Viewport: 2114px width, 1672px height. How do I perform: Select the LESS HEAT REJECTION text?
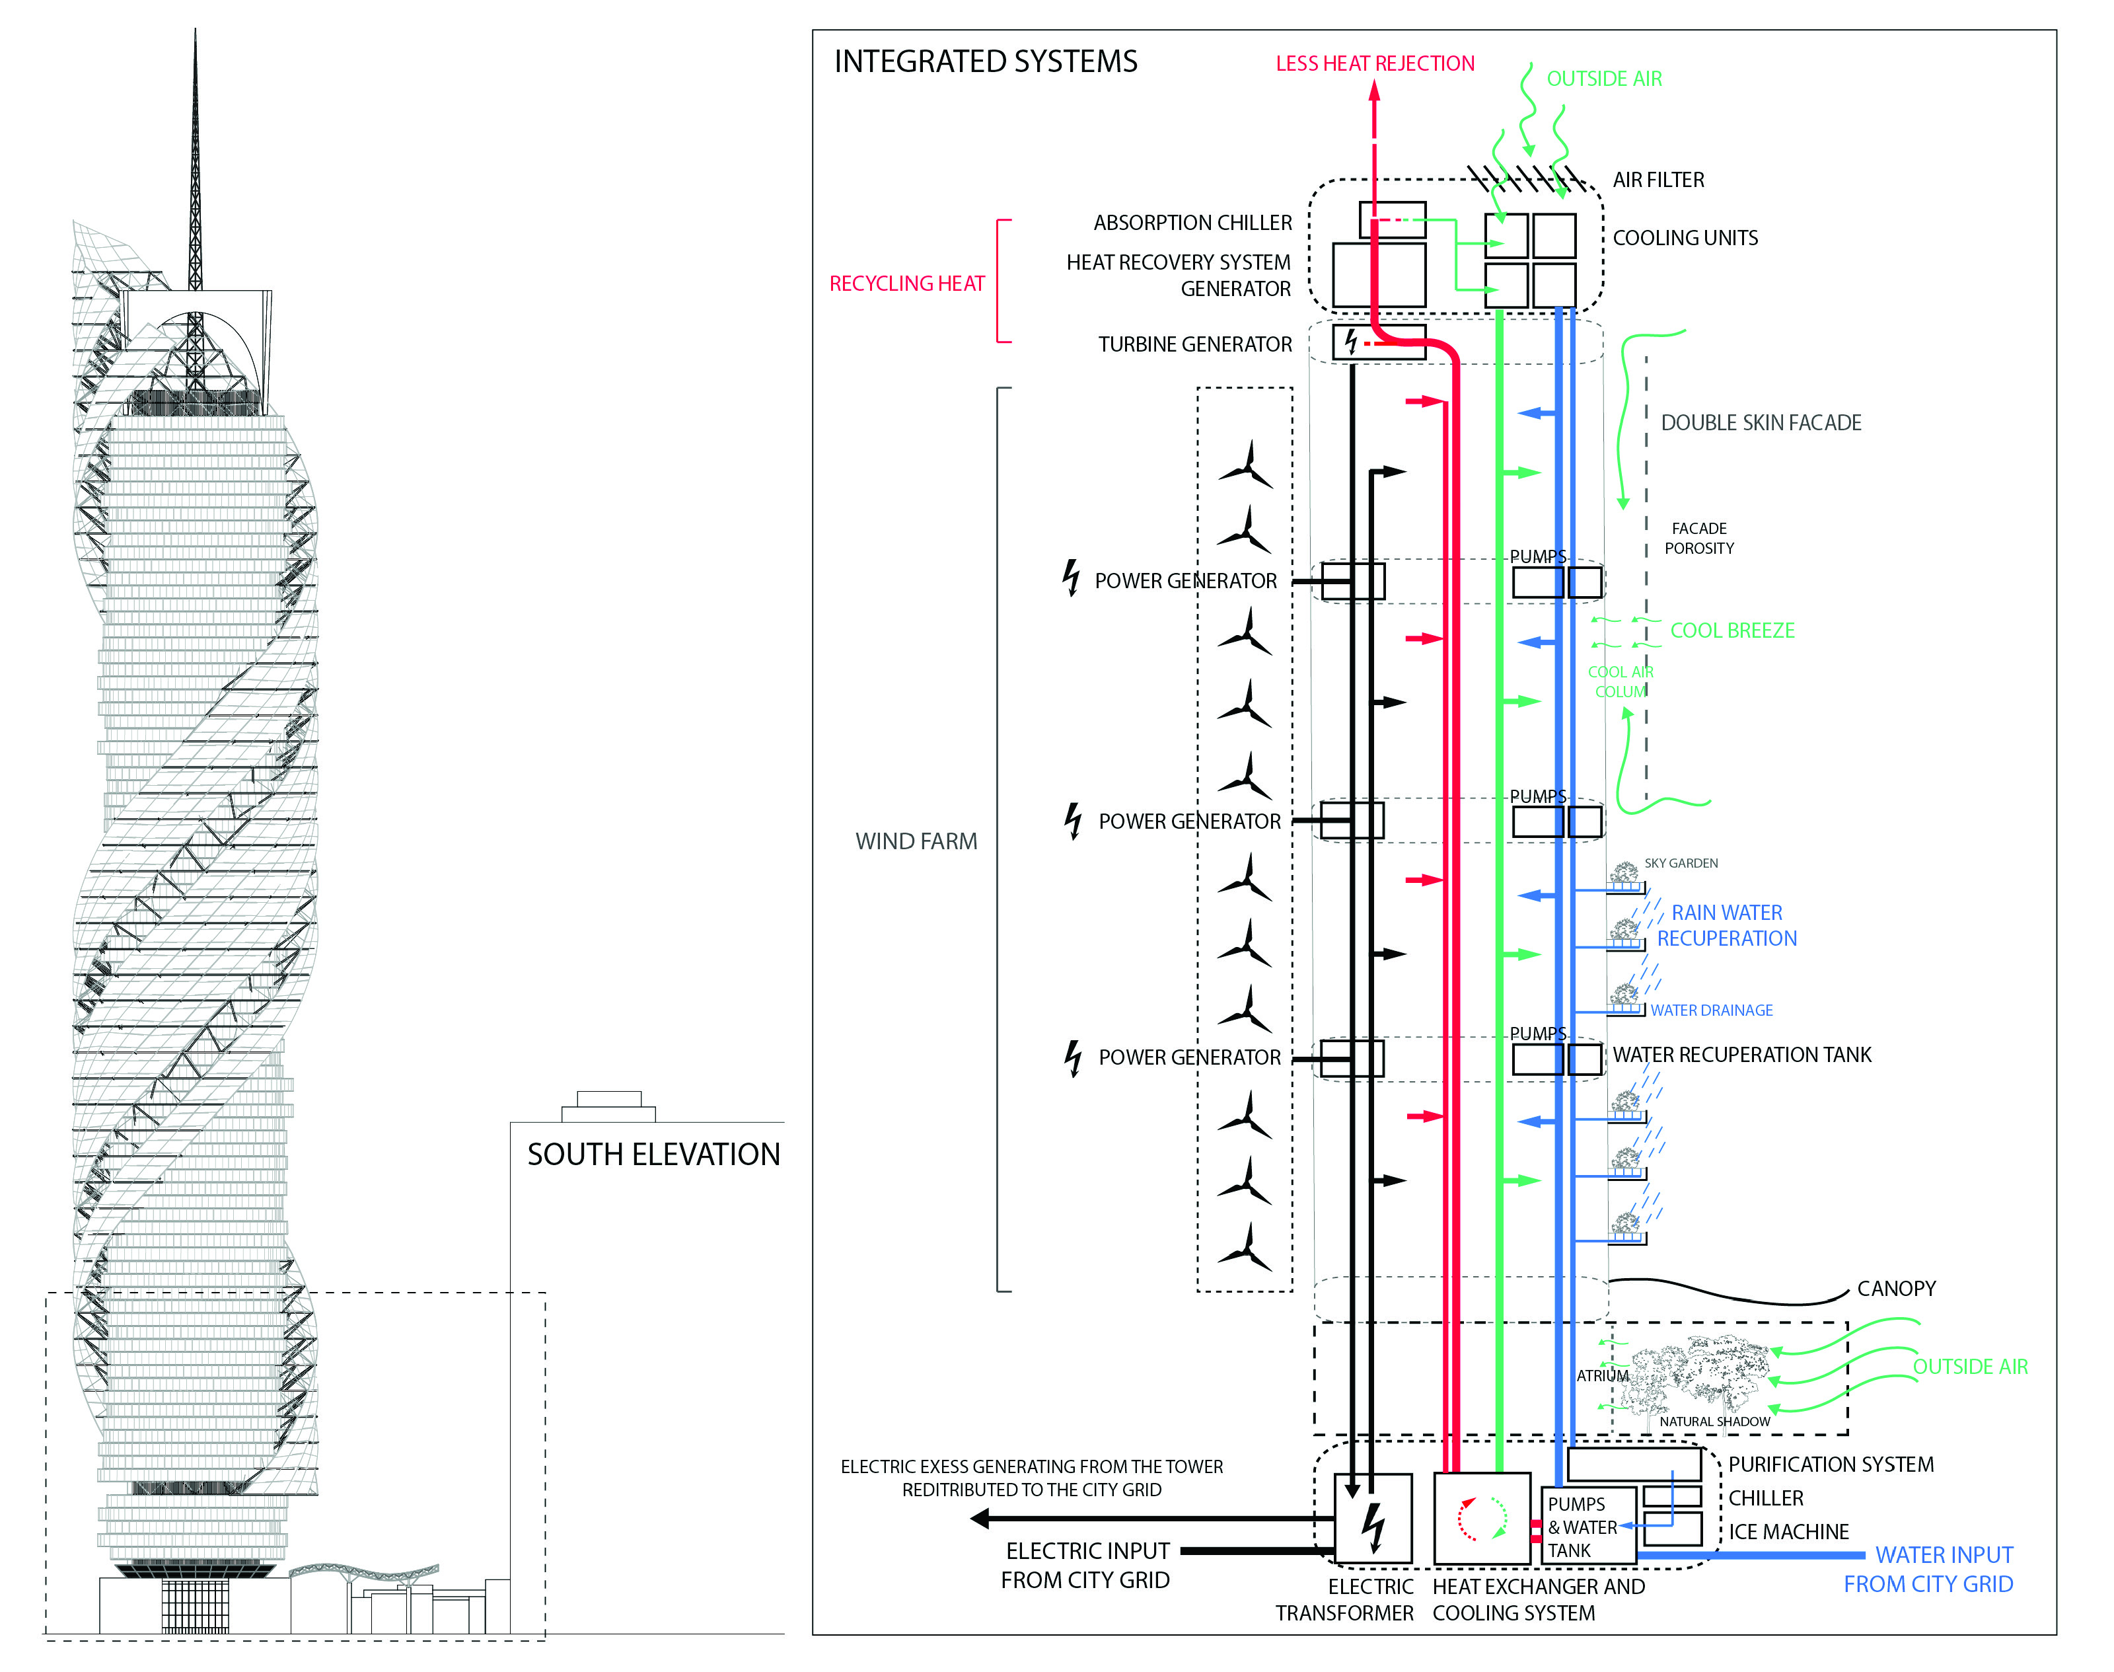1374,63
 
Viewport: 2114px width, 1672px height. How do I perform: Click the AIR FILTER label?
1658,180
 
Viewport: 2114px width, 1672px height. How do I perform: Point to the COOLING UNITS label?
1685,238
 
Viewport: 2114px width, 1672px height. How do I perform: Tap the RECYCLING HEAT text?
906,284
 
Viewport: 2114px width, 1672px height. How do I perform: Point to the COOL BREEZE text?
1731,630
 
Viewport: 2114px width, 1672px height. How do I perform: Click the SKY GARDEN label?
1681,863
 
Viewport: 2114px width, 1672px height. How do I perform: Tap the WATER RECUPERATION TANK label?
1741,1054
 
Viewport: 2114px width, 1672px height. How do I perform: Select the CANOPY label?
1896,1288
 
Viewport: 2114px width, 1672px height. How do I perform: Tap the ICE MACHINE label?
1788,1531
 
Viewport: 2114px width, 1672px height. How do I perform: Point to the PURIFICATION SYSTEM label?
1830,1464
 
